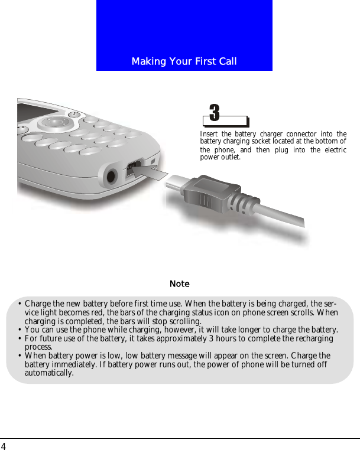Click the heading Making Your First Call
[x=184, y=61]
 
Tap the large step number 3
[x=215, y=112]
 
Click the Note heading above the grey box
[x=180, y=284]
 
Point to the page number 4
[x=4, y=446]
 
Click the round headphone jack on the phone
[x=111, y=177]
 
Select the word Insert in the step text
[x=209, y=135]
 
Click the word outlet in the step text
[x=231, y=158]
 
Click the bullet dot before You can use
[x=20, y=330]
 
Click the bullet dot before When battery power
[x=20, y=356]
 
